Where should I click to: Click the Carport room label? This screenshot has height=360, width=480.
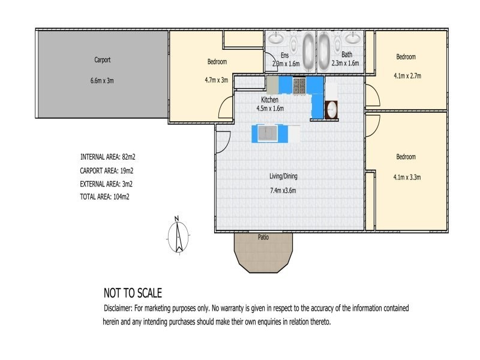(102, 59)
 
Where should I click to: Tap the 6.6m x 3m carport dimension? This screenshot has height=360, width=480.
(102, 81)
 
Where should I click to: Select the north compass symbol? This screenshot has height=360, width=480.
(178, 235)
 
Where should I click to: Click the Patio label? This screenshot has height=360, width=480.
(263, 237)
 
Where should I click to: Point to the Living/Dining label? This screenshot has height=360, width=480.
(283, 176)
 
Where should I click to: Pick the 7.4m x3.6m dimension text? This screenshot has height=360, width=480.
(283, 190)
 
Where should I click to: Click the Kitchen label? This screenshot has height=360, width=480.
(269, 100)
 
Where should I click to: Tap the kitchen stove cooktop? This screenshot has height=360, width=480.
(299, 86)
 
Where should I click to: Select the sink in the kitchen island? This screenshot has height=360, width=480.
(268, 133)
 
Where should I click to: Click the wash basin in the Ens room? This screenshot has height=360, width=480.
(276, 38)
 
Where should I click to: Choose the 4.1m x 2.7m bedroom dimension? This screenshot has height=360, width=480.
(407, 76)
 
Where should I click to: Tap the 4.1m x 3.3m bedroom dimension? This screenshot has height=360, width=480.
(407, 177)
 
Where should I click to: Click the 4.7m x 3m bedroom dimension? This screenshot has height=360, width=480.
(217, 80)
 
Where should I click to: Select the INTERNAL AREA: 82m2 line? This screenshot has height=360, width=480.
(108, 157)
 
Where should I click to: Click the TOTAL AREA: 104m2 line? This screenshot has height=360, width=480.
(104, 197)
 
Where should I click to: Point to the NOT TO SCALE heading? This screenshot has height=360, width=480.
(133, 293)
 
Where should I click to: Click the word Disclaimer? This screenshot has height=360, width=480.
(118, 308)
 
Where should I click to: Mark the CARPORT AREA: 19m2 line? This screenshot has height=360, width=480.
(107, 170)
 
